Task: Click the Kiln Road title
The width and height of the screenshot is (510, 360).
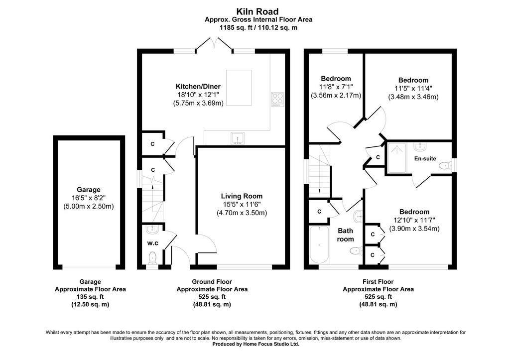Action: pos(257,12)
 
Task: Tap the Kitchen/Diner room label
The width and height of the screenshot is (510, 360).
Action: pos(198,87)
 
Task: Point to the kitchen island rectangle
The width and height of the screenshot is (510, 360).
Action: pos(239,88)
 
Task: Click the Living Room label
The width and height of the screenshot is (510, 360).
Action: pos(242,196)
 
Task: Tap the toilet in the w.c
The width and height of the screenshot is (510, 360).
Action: pos(152,258)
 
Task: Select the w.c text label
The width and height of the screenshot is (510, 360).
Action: pos(152,243)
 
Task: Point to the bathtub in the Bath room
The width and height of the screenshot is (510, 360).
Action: pos(319,244)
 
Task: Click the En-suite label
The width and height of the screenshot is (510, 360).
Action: pos(425,159)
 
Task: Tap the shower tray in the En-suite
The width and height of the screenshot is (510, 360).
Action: pos(397,158)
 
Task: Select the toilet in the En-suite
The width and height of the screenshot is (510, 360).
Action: pos(445,166)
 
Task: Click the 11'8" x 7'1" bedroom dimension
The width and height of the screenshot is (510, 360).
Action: pos(336,87)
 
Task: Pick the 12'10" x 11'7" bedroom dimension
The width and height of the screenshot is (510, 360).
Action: pos(415,220)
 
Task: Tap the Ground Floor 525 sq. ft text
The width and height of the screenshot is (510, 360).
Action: pos(212,297)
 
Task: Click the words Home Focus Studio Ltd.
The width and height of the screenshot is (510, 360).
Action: pos(271,344)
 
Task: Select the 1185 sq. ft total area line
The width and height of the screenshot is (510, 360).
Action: pos(258,28)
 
